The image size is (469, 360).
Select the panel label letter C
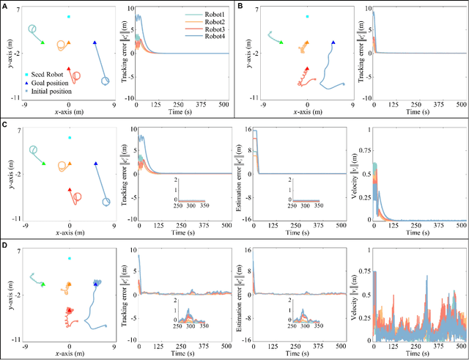pyautogui.click(x=5, y=126)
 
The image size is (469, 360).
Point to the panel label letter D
pyautogui.click(x=5, y=246)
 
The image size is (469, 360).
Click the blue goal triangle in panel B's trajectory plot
pyautogui.click(x=333, y=43)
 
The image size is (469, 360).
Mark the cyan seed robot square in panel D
pyautogui.click(x=70, y=258)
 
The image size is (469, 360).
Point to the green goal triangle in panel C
pyautogui.click(x=43, y=163)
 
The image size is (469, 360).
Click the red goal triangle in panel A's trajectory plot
pyautogui.click(x=69, y=69)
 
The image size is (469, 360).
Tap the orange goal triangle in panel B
pyautogui.click(x=308, y=43)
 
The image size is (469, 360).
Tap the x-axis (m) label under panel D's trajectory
pyautogui.click(x=70, y=353)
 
